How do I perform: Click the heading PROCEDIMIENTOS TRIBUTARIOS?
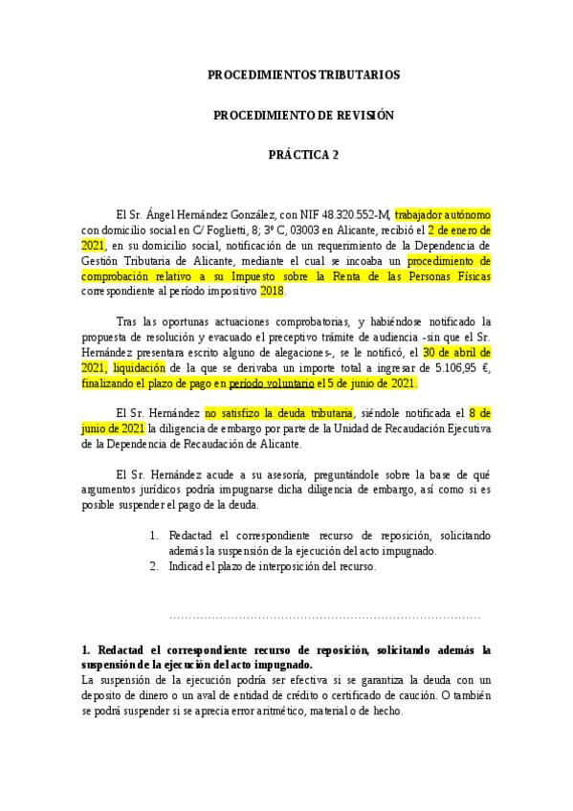click(x=303, y=75)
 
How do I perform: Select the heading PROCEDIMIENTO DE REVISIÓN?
click(x=303, y=115)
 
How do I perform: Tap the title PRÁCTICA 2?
click(x=303, y=155)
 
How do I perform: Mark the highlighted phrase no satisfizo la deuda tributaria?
click(x=279, y=413)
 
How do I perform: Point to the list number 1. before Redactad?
click(x=154, y=536)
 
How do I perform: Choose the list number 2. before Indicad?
click(x=154, y=565)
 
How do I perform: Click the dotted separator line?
click(x=324, y=618)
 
